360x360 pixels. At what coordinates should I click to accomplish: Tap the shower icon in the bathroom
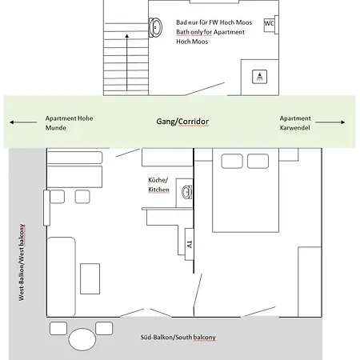click(259, 77)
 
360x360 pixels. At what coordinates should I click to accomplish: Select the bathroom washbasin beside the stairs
click(155, 27)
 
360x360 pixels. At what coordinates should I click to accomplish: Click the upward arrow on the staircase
click(127, 62)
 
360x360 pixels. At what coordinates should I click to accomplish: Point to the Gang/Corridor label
click(182, 122)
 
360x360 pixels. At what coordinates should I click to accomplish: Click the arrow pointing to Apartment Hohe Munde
click(23, 122)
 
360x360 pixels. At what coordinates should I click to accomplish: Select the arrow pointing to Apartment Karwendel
click(330, 122)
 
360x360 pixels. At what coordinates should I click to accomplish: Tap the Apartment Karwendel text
click(295, 123)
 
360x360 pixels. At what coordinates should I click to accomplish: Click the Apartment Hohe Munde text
click(69, 123)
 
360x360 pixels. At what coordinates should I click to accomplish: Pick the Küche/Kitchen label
click(158, 185)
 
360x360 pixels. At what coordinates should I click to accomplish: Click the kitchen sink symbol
click(187, 192)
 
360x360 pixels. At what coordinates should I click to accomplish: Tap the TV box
click(189, 244)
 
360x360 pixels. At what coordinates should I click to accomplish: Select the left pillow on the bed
click(232, 161)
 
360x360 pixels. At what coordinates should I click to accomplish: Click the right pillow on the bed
click(258, 161)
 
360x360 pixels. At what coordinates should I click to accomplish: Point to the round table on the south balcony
click(82, 339)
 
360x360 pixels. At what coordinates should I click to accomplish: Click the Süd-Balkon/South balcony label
click(178, 338)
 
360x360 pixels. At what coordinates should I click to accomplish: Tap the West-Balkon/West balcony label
click(22, 262)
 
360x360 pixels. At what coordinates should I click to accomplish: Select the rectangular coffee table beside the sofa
click(90, 278)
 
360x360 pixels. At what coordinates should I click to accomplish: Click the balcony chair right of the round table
click(104, 328)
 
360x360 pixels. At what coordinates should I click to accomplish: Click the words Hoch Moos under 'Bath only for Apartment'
click(192, 42)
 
